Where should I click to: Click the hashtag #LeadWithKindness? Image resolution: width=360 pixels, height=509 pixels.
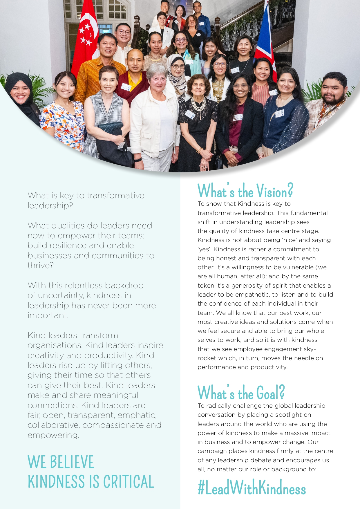click(252, 488)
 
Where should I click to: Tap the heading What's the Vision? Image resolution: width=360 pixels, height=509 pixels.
click(245, 191)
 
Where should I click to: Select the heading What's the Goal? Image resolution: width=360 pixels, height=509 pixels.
click(241, 393)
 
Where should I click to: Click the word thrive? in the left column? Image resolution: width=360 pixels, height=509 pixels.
click(41, 266)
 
